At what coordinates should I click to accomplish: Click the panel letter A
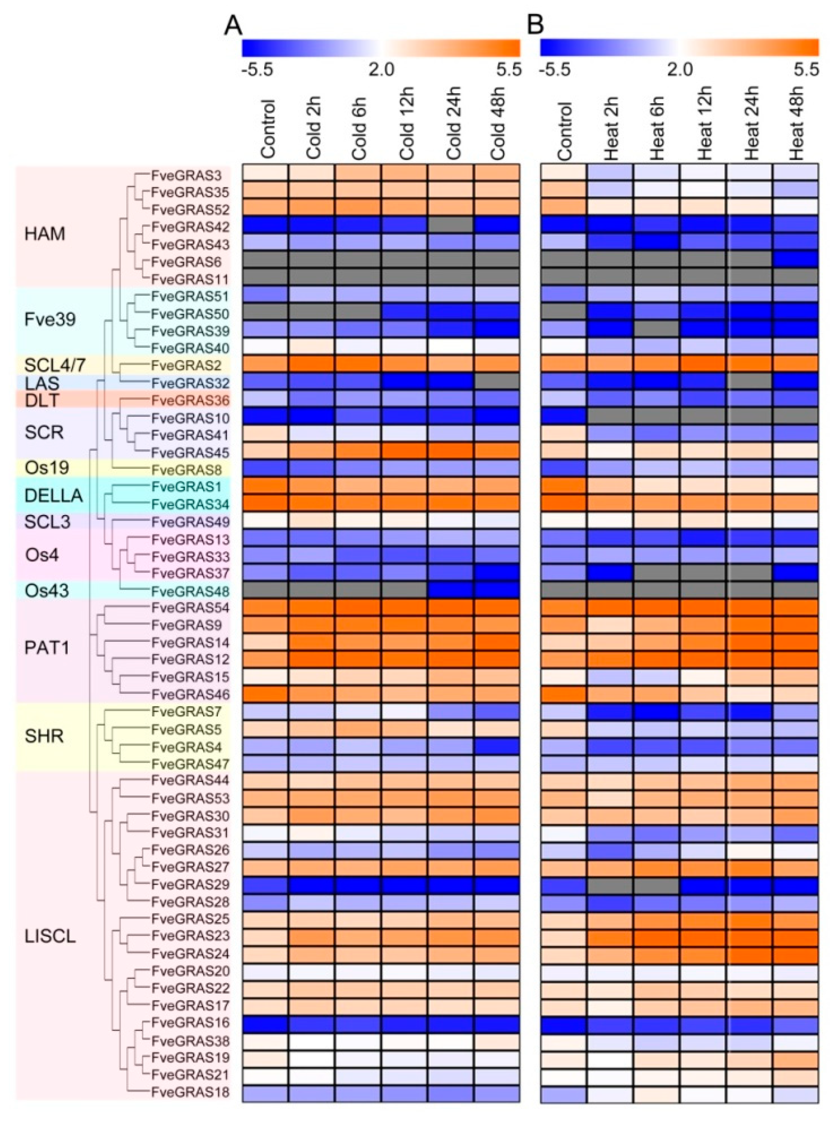click(233, 24)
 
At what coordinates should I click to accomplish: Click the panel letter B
click(536, 24)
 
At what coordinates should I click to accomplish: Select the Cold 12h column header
click(404, 131)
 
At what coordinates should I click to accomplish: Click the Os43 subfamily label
click(47, 590)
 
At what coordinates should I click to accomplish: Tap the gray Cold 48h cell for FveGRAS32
click(496, 383)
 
